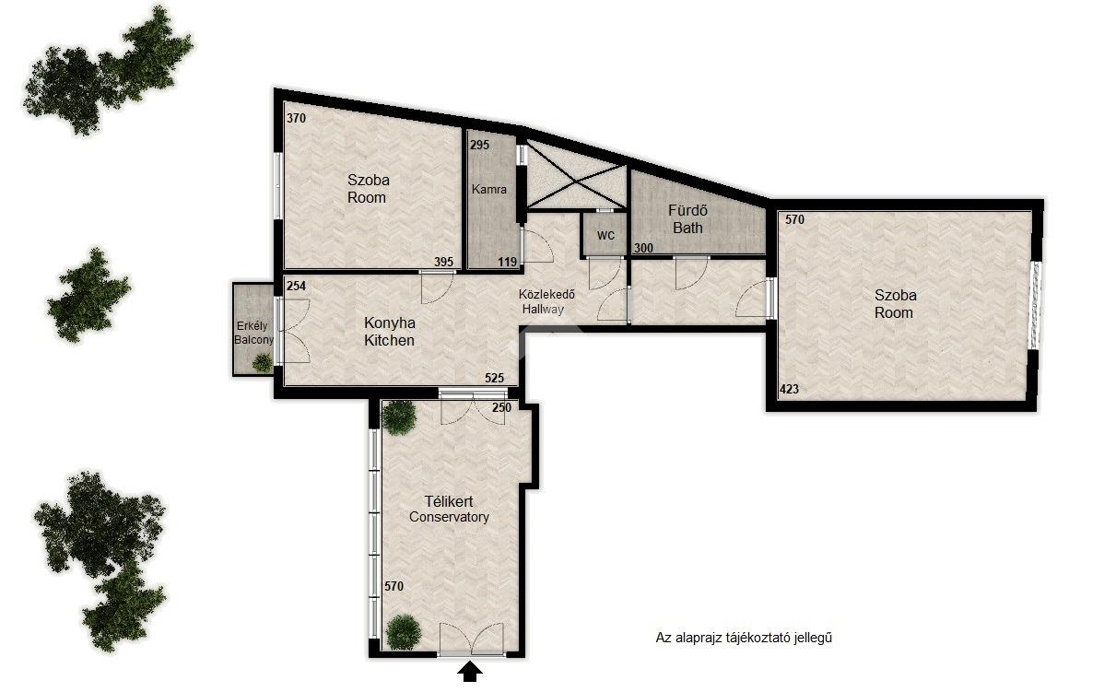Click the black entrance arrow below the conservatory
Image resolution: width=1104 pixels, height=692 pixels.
(470, 673)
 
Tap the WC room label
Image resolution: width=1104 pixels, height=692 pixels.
(605, 235)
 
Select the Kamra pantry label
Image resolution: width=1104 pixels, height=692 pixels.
(488, 190)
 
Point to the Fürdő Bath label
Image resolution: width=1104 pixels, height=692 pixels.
(687, 219)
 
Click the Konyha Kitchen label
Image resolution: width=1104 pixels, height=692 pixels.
(390, 332)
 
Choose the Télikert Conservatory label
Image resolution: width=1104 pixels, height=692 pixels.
(449, 509)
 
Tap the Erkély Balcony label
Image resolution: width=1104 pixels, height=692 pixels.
(253, 333)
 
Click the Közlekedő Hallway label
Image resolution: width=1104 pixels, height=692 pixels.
(546, 301)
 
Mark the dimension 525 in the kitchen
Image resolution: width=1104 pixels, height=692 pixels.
(494, 378)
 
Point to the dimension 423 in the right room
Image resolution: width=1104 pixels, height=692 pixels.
(789, 389)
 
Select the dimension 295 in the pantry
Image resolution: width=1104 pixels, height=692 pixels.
(479, 145)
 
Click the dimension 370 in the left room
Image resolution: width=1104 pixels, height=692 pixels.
(297, 118)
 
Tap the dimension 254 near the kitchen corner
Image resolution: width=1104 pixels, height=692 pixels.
(297, 286)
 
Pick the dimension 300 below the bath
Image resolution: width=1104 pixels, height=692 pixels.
(643, 248)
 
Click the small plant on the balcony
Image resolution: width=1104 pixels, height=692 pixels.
(262, 362)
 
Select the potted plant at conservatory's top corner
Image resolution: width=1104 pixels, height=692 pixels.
(398, 416)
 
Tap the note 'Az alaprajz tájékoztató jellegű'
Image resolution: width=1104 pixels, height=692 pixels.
(744, 638)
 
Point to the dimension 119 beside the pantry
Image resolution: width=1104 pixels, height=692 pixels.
(508, 262)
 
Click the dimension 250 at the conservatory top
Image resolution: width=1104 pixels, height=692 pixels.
(501, 407)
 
